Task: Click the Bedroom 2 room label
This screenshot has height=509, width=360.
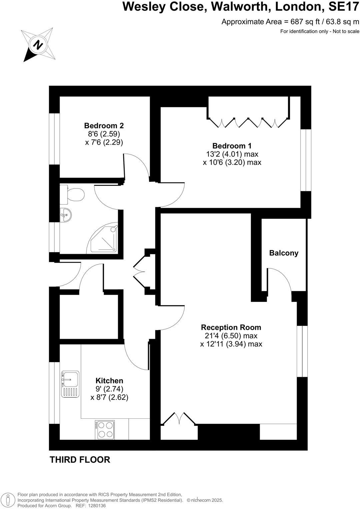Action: (104, 126)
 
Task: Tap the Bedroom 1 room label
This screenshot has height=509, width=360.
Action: (232, 146)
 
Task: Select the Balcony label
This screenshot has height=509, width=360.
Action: (284, 253)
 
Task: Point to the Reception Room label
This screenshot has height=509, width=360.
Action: (231, 327)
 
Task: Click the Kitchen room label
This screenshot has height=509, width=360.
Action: (109, 380)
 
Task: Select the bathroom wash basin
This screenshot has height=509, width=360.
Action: (66, 214)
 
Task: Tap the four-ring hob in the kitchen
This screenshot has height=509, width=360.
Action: (105, 430)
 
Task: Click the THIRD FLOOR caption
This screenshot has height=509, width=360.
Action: (80, 460)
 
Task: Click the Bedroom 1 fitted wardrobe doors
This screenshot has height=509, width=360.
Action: (248, 123)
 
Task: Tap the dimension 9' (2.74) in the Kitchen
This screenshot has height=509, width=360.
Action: (109, 389)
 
